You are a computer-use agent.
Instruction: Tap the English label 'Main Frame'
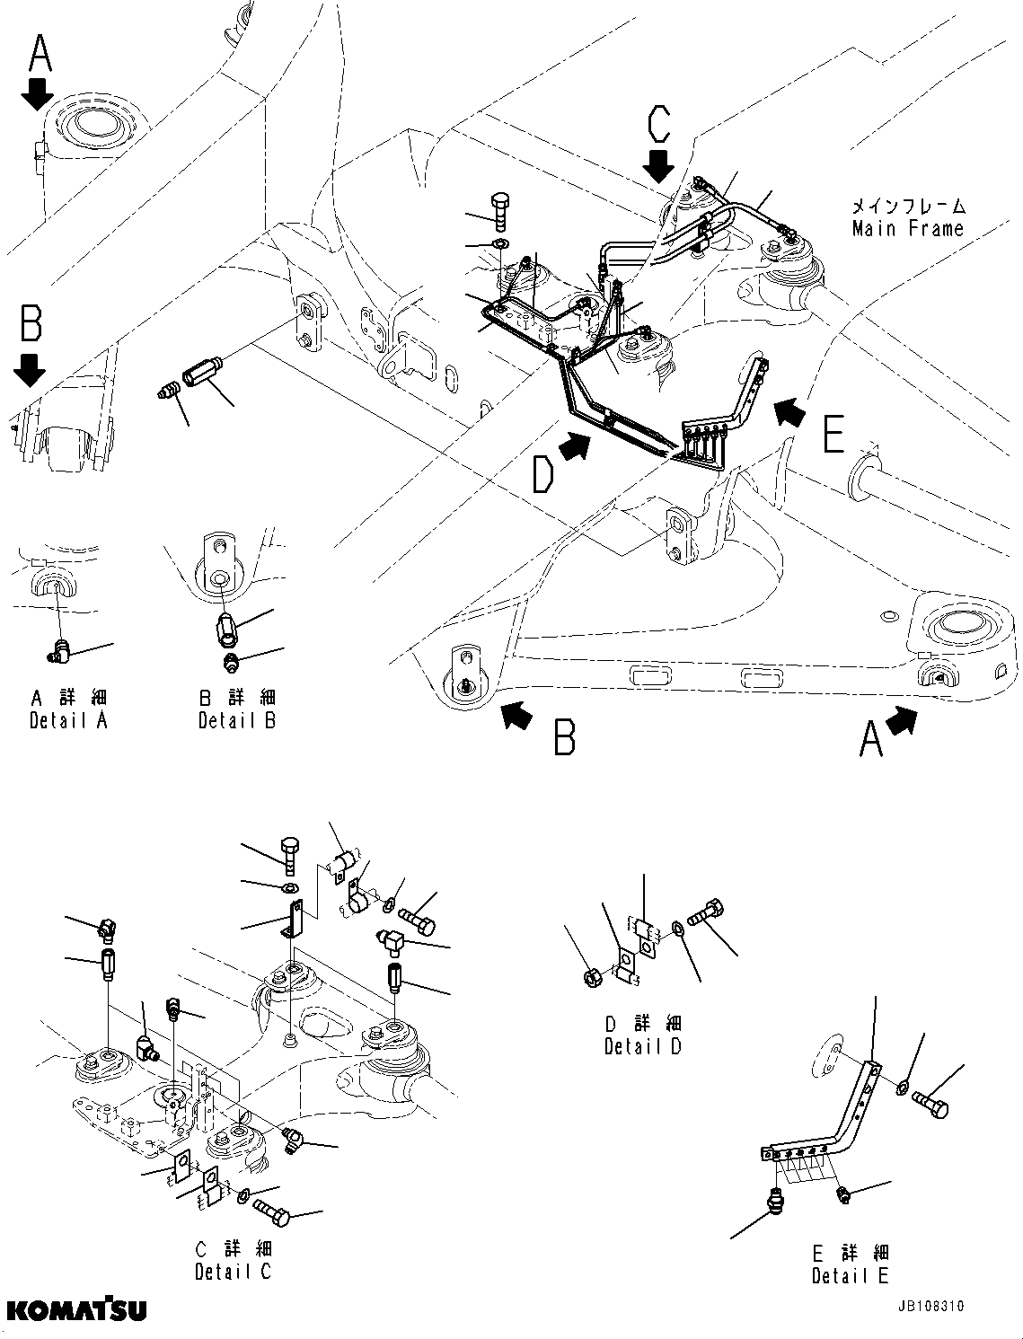[x=907, y=229]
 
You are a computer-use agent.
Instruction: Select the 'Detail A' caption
[x=68, y=720]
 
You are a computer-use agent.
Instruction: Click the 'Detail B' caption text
[x=237, y=720]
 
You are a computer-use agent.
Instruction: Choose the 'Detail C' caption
[x=233, y=1272]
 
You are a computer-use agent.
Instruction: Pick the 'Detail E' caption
[x=850, y=1275]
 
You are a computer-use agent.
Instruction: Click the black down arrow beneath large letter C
[x=659, y=165]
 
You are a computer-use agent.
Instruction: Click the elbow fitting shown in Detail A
[x=62, y=648]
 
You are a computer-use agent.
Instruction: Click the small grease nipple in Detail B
[x=231, y=664]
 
